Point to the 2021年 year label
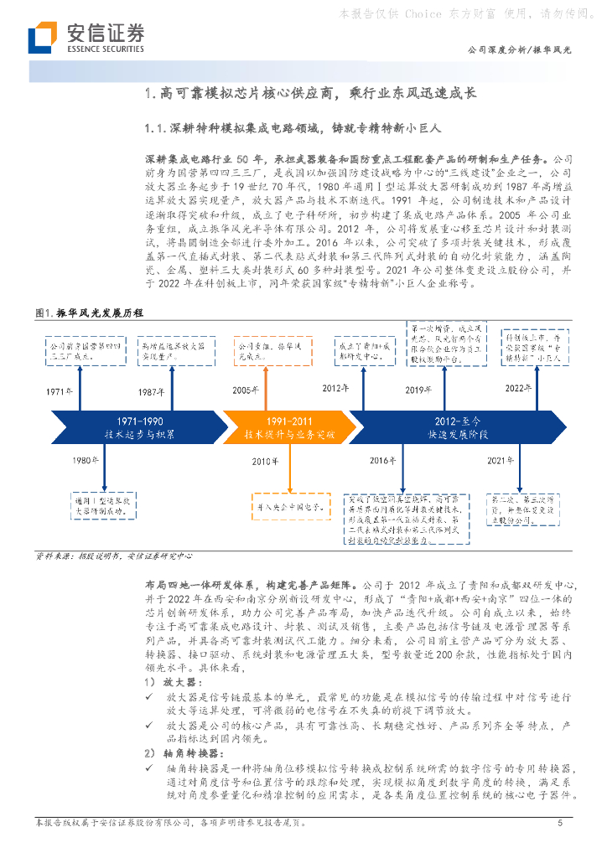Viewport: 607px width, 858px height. [x=501, y=461]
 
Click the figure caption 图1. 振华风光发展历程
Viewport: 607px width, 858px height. [x=90, y=313]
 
